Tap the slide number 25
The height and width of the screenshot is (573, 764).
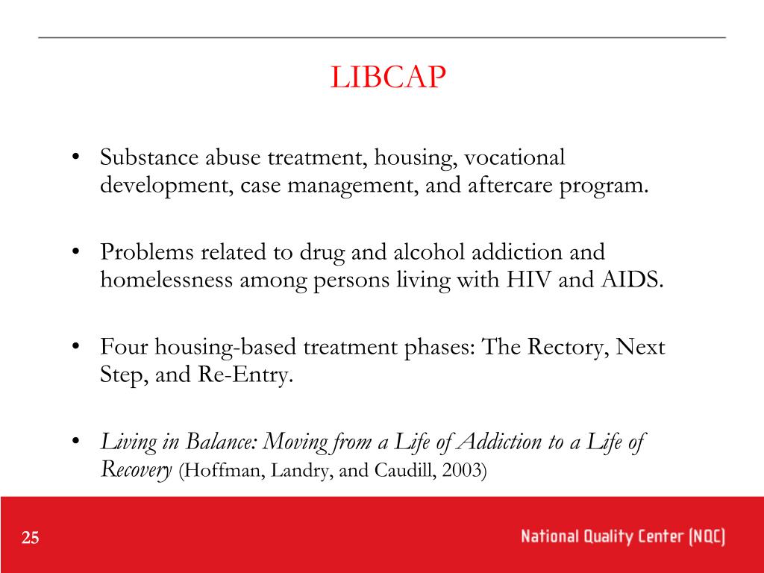coord(31,539)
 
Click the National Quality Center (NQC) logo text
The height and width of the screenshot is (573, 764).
coord(623,538)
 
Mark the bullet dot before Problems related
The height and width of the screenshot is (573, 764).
coord(77,254)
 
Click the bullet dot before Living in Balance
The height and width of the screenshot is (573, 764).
coord(77,442)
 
